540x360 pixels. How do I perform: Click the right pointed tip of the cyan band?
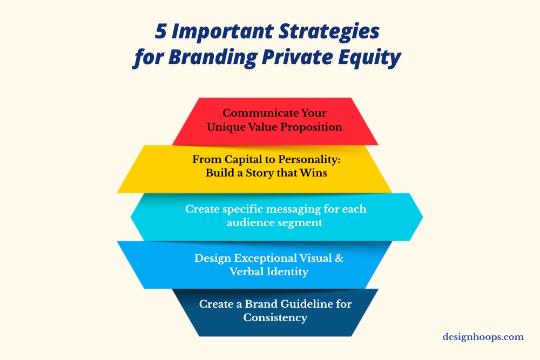pyautogui.click(x=421, y=216)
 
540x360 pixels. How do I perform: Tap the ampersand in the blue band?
pyautogui.click(x=339, y=258)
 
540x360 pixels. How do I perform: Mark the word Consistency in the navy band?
pyautogui.click(x=275, y=317)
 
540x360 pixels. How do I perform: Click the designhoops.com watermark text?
pyautogui.click(x=483, y=337)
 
